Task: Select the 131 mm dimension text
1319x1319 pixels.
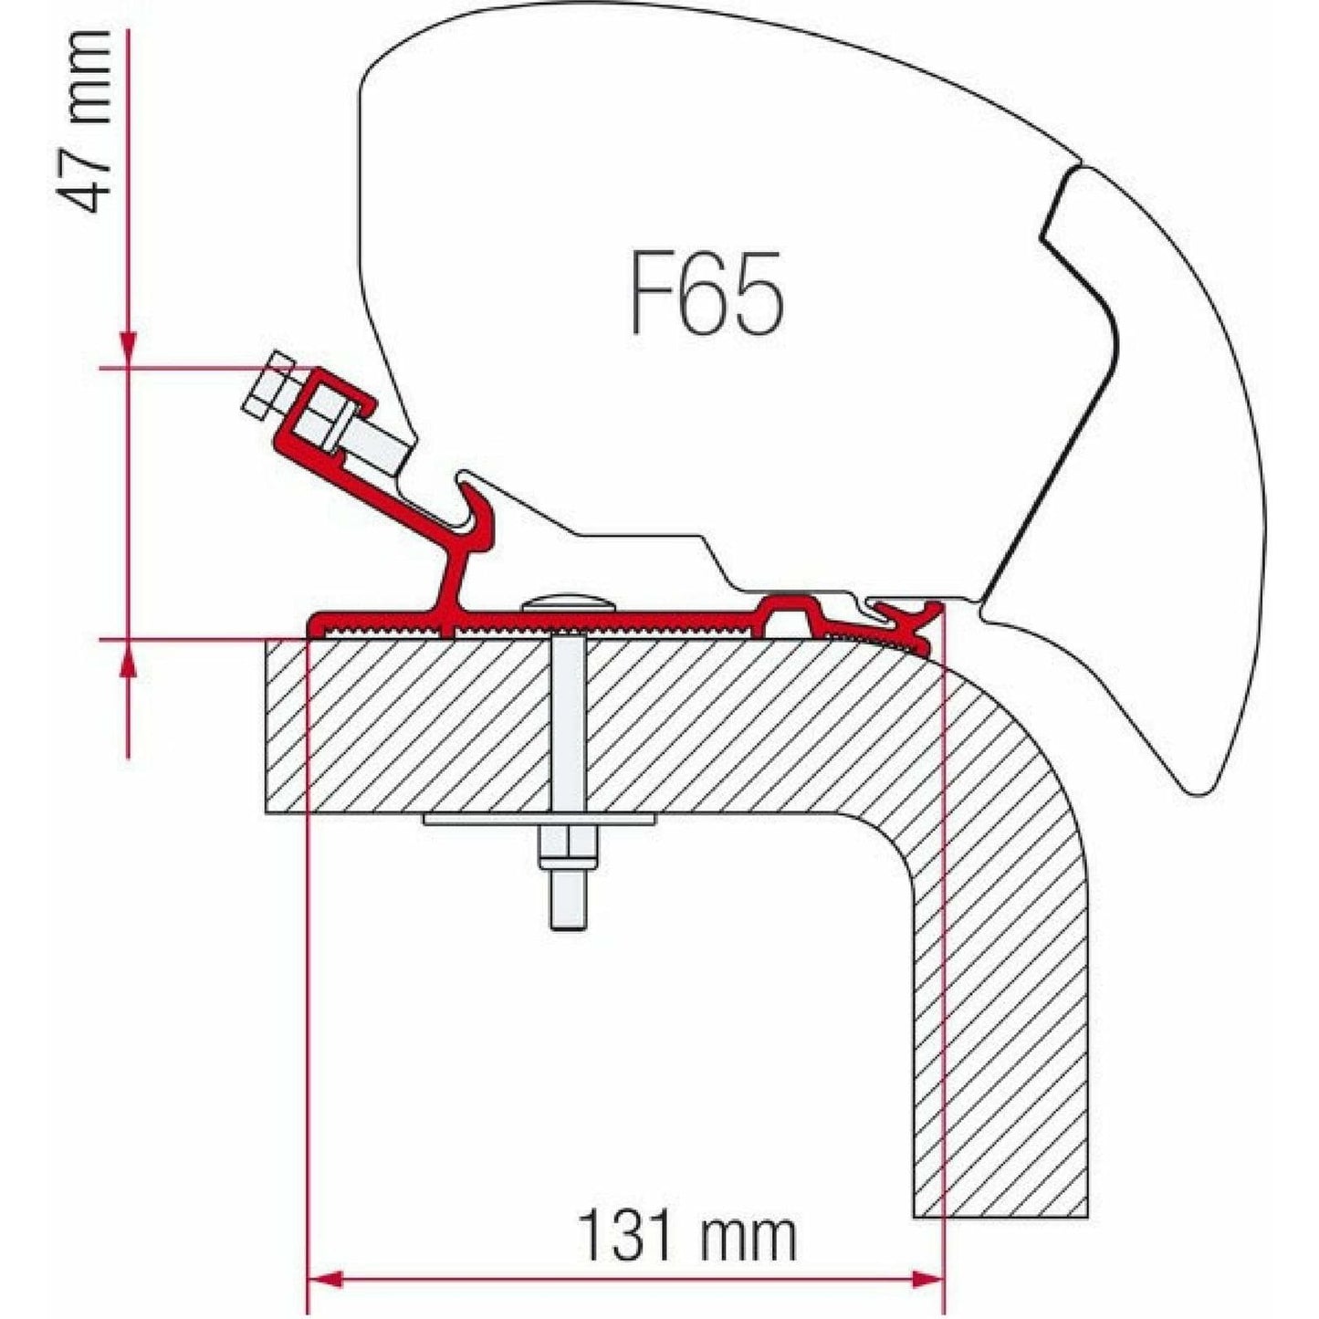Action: coord(686,1237)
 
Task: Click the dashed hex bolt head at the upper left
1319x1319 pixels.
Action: coord(270,384)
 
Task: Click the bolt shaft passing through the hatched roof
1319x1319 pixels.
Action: coord(569,721)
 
